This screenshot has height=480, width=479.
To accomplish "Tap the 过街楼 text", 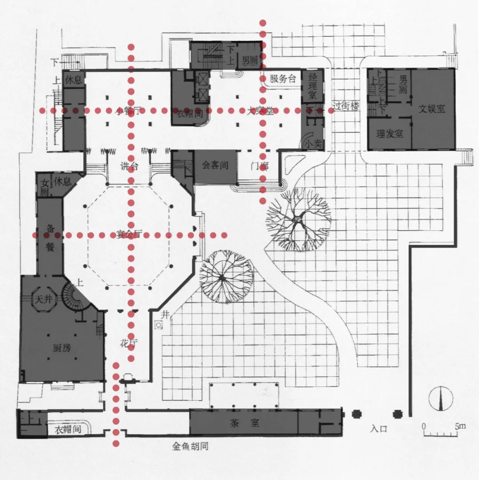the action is (x=348, y=107).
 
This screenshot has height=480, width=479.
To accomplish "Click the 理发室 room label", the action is (x=389, y=134).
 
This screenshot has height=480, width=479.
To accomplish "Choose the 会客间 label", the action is (x=215, y=166).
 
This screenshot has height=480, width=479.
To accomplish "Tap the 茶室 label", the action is (x=243, y=424).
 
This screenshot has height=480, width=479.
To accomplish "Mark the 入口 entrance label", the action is (x=379, y=429).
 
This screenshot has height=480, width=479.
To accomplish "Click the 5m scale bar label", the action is (x=460, y=426).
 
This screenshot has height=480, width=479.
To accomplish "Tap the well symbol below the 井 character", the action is (x=158, y=325).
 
